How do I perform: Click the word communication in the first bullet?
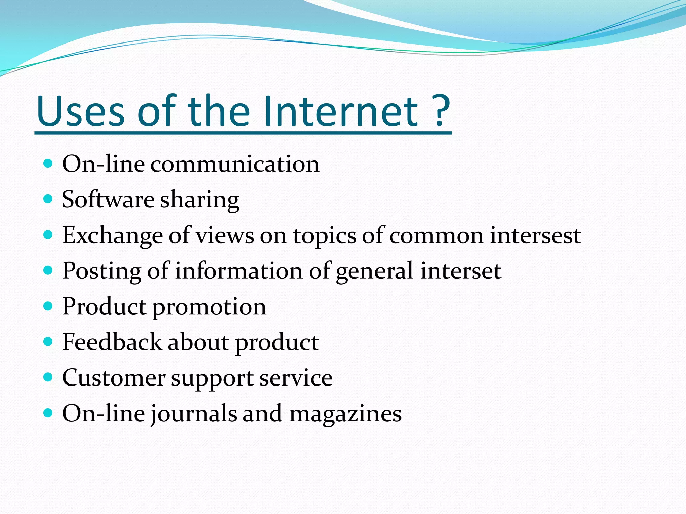click(234, 164)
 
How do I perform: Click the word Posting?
click(102, 271)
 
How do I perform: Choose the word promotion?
click(209, 307)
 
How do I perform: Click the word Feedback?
click(112, 342)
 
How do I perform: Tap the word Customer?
click(114, 378)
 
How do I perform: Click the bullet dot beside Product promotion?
click(48, 306)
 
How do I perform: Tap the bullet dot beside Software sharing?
click(48, 199)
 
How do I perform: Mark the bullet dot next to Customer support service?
click(48, 377)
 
